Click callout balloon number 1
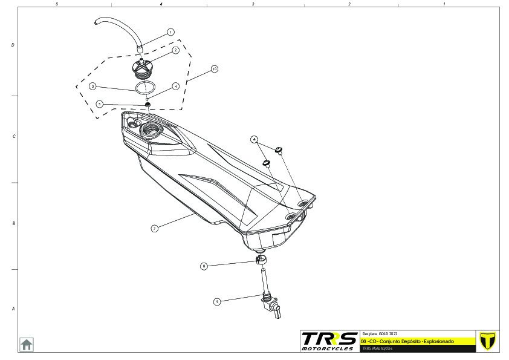tap(170, 31)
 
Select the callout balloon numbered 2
tap(175, 50)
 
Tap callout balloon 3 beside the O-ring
tap(92, 87)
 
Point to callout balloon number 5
tap(100, 104)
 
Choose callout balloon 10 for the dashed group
tap(214, 70)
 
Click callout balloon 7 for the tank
tap(155, 229)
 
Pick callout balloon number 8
tap(204, 266)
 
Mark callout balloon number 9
tap(216, 301)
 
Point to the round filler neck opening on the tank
tap(148, 129)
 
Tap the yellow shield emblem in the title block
tap(485, 341)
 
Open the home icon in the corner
tap(27, 344)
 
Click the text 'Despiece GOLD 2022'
tap(380, 334)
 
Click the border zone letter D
tap(13, 45)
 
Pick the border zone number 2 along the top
tap(349, 4)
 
